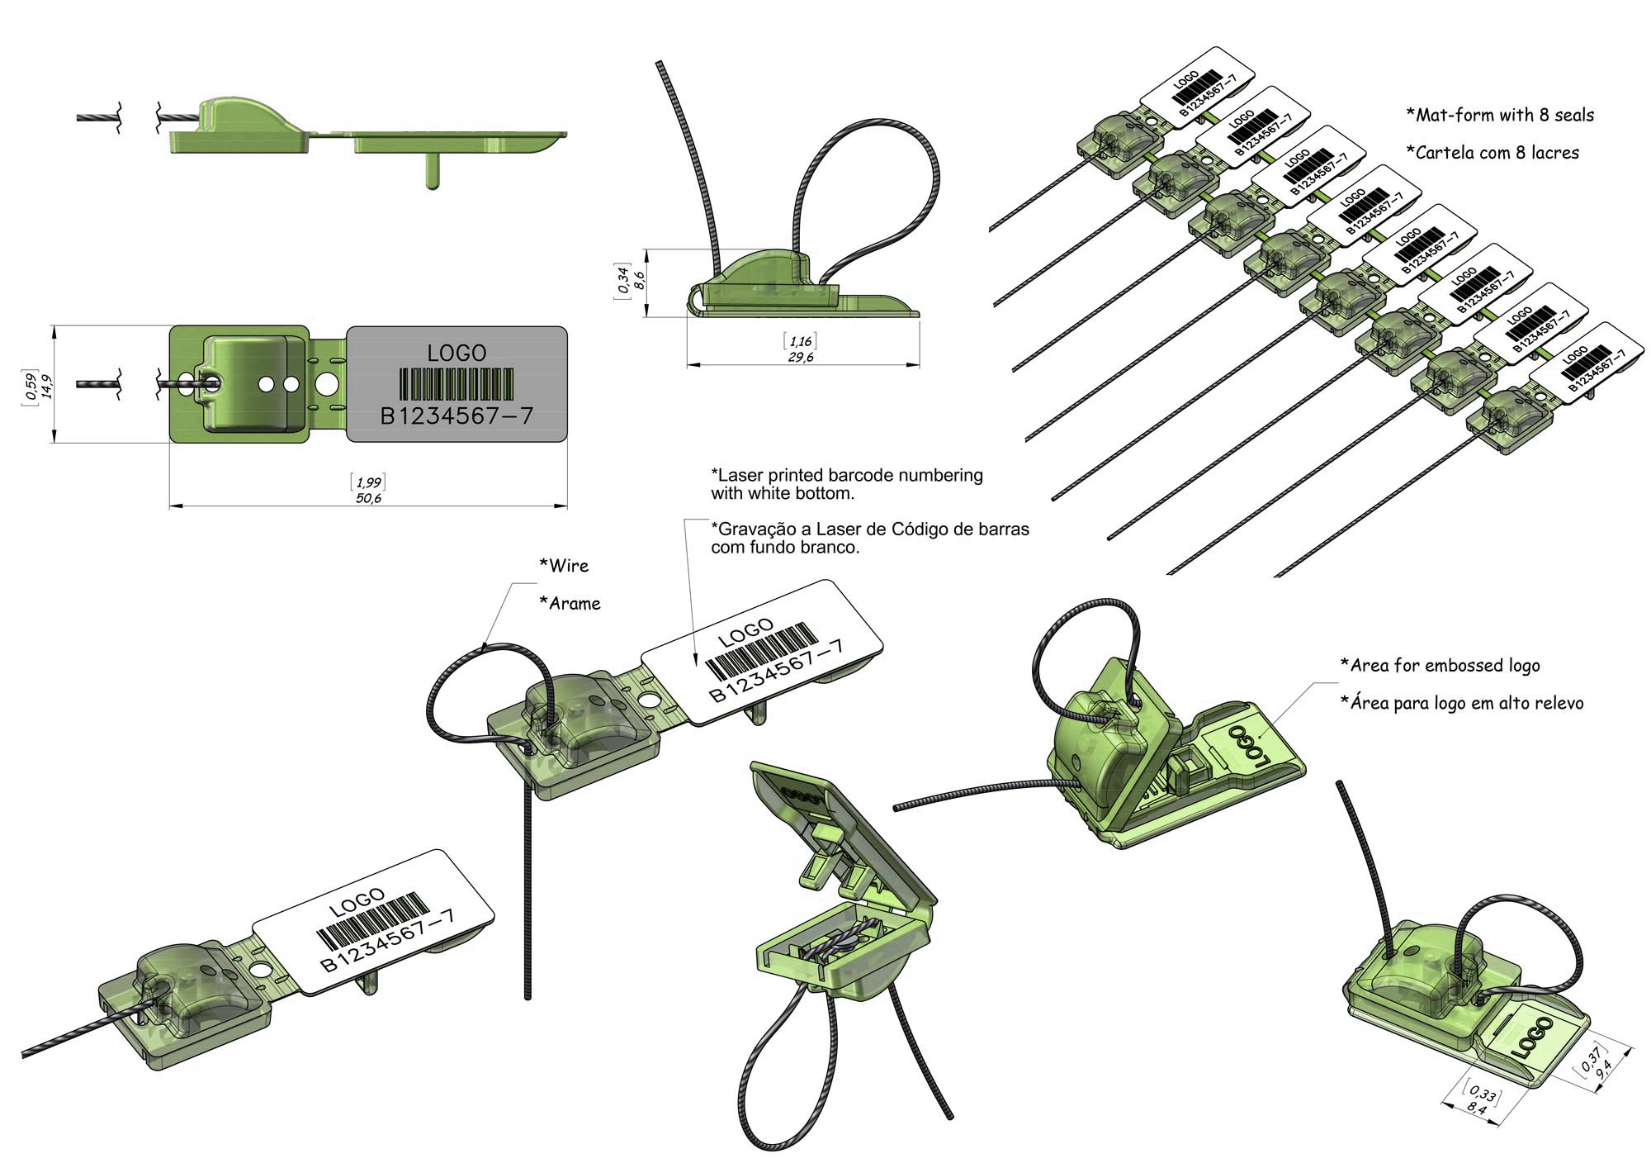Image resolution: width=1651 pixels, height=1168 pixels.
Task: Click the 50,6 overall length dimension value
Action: pos(368,498)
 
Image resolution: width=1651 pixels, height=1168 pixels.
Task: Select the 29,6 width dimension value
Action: pos(801,357)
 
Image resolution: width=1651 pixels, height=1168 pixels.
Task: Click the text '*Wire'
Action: pos(564,566)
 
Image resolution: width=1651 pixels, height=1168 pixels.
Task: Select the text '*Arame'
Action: pos(570,604)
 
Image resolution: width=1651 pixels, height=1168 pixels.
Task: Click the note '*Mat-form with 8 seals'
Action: pos(1500,116)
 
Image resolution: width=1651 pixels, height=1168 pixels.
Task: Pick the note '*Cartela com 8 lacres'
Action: pos(1493,153)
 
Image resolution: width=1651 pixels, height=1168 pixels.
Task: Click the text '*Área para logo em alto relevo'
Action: pos(1461,703)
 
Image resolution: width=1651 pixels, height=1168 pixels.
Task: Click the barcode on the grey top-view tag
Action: pos(457,383)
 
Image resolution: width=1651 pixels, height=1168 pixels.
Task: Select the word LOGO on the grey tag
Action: pos(457,353)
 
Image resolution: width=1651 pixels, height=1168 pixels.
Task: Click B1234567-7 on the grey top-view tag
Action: pos(457,415)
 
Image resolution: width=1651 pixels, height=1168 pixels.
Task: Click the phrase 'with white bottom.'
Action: pos(783,494)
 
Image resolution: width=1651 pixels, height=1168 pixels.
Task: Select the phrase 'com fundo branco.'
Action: pos(785,547)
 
